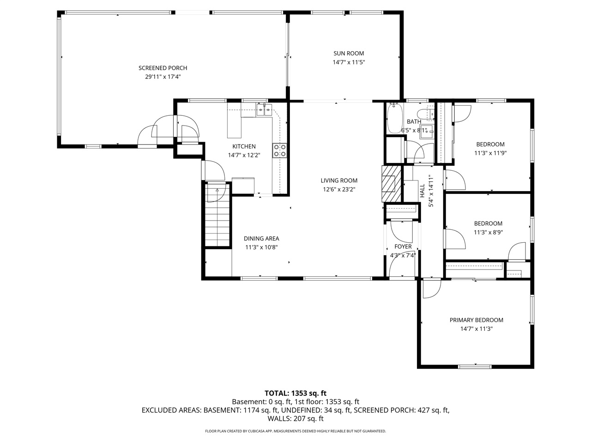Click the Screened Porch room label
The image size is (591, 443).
163,68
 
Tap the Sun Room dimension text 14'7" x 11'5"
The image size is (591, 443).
349,62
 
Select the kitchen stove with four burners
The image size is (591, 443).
280,150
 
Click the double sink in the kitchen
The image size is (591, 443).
264,110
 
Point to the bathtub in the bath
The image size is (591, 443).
394,119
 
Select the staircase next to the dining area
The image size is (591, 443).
217,216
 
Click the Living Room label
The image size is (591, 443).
339,180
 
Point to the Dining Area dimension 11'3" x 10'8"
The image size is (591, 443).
261,247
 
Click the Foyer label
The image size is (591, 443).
403,246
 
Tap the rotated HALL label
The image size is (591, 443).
422,191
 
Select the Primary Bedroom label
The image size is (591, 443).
476,320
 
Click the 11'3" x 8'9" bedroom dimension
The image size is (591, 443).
488,233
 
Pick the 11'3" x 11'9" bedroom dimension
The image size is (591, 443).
490,153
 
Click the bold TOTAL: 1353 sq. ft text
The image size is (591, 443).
295,393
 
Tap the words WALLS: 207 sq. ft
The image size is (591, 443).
295,419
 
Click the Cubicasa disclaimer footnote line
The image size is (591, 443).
295,431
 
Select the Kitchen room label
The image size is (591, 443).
244,146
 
